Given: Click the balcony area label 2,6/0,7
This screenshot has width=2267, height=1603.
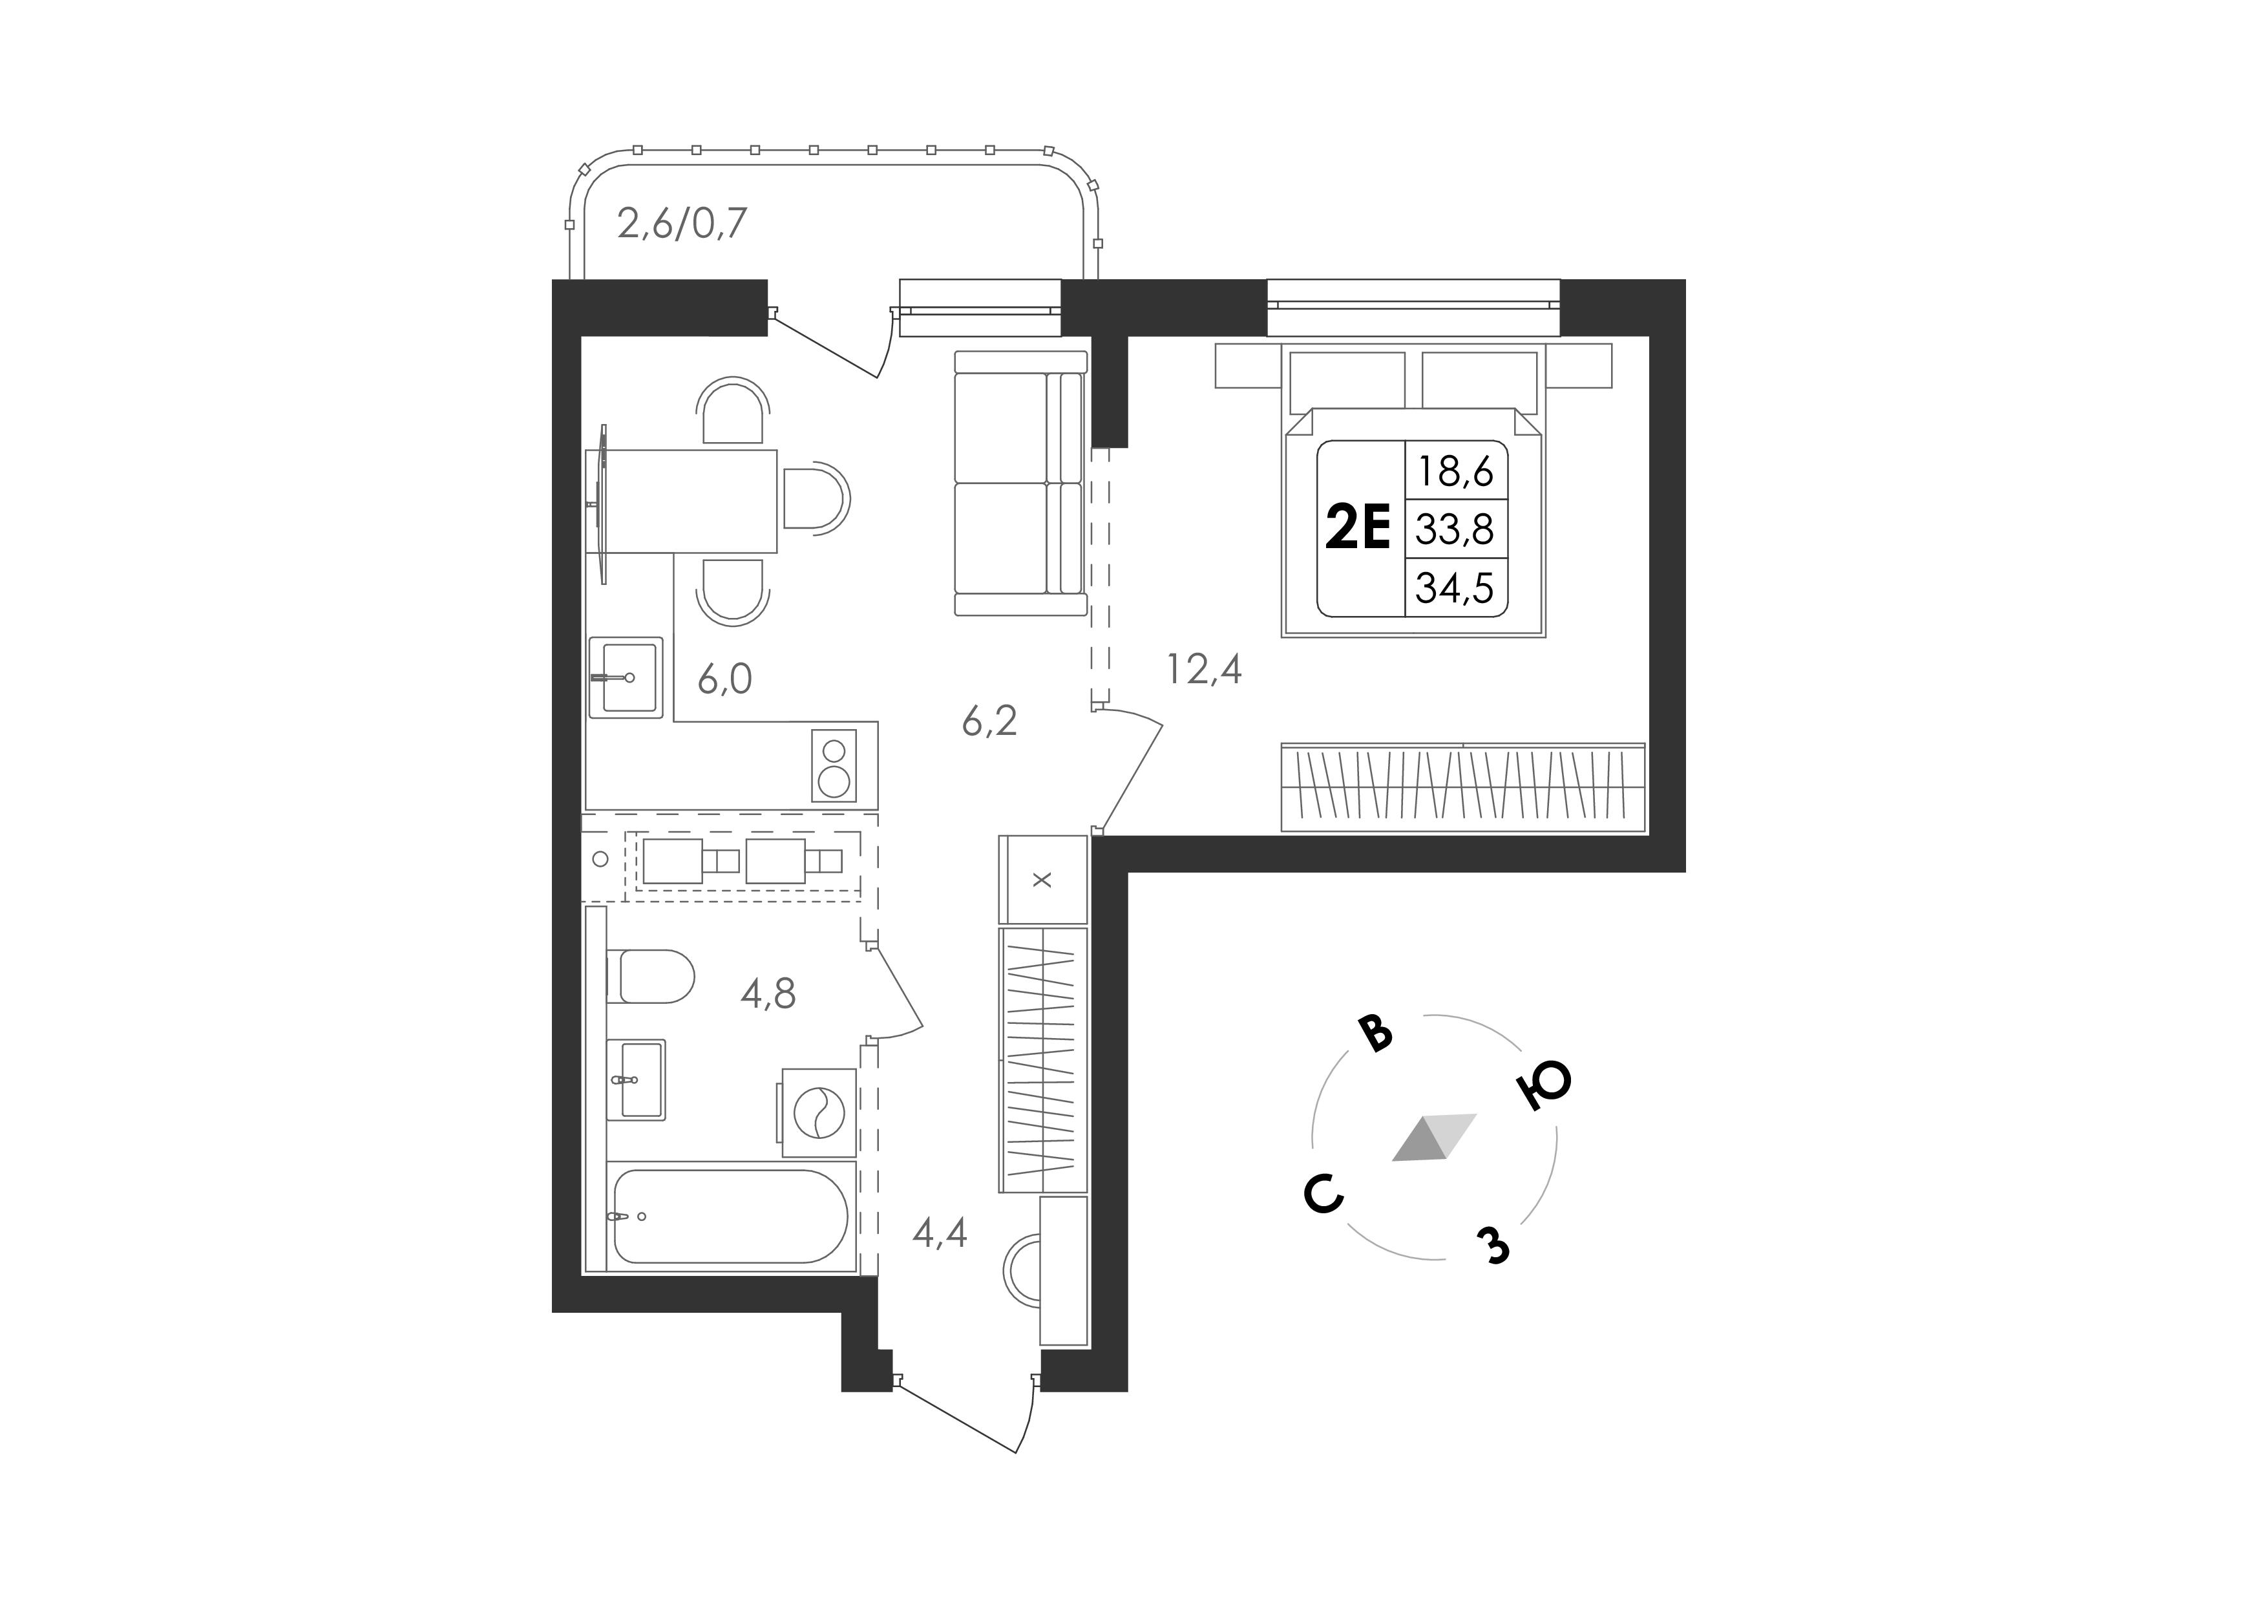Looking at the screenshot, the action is (682, 224).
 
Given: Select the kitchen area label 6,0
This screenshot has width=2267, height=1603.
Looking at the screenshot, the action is (724, 679).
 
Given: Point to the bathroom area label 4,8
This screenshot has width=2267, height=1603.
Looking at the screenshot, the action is (768, 993).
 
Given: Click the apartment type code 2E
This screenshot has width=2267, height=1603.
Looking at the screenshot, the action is (1358, 527).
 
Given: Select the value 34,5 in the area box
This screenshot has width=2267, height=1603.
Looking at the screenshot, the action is (1455, 588).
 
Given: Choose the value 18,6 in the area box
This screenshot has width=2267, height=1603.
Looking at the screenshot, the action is (1455, 471).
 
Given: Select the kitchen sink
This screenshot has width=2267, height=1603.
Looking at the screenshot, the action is (625, 677).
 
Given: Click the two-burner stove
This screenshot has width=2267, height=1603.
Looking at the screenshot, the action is (834, 765).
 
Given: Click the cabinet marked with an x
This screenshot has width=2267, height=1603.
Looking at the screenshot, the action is (1042, 879).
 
